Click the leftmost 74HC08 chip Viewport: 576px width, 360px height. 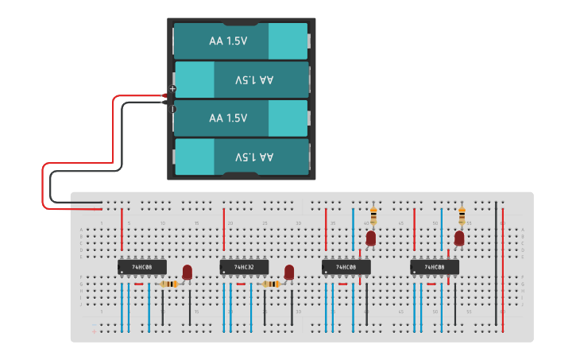pyautogui.click(x=142, y=267)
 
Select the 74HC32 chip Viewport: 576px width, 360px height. pyautogui.click(x=244, y=267)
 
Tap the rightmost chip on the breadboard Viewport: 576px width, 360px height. pyautogui.click(x=435, y=267)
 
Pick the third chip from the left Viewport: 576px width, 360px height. pyautogui.click(x=346, y=267)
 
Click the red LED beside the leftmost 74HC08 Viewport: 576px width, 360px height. pyautogui.click(x=187, y=273)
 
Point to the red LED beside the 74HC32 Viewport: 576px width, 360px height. pyautogui.click(x=289, y=273)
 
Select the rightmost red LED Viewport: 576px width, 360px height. pyautogui.click(x=459, y=238)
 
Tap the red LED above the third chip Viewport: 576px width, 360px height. pyautogui.click(x=370, y=238)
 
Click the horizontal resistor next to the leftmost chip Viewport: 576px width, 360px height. pyautogui.click(x=169, y=284)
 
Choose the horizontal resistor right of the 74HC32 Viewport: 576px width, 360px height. pyautogui.click(x=271, y=284)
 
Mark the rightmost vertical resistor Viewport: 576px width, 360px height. pyautogui.click(x=462, y=215)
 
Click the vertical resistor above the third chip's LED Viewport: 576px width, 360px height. pyautogui.click(x=373, y=215)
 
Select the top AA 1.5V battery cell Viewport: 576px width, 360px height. pyautogui.click(x=241, y=41)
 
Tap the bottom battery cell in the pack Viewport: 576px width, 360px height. pyautogui.click(x=241, y=157)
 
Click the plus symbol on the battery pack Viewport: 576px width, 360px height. pyautogui.click(x=173, y=88)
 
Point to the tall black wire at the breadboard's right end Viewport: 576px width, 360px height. pyautogui.click(x=496, y=254)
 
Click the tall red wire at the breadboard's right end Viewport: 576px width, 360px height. pyautogui.click(x=502, y=262)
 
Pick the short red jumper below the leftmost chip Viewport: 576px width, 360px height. pyautogui.click(x=139, y=284)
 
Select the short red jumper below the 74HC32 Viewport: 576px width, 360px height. pyautogui.click(x=241, y=284)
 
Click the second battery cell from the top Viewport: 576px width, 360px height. pyautogui.click(x=241, y=79)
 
